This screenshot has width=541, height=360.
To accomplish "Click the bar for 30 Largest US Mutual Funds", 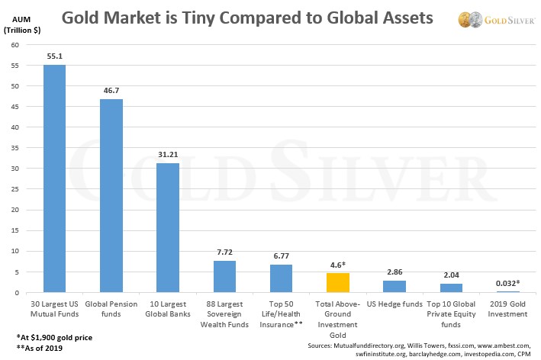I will click(54, 178).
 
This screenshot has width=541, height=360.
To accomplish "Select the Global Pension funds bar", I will click(111, 196).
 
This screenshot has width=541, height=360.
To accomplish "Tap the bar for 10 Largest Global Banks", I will click(168, 228).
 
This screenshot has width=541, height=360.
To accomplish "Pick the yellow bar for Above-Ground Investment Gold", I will click(337, 283).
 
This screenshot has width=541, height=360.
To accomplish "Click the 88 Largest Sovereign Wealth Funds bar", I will click(224, 277).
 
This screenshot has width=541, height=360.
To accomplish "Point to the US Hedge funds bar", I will click(394, 287).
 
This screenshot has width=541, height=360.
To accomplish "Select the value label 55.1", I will click(54, 56).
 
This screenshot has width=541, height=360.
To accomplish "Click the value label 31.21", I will click(168, 155).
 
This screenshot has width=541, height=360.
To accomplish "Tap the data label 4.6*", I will click(337, 265).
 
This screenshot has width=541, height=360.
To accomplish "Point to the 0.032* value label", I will click(507, 283).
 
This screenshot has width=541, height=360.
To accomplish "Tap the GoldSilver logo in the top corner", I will click(494, 18).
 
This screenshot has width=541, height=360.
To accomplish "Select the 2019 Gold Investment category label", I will click(507, 309).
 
